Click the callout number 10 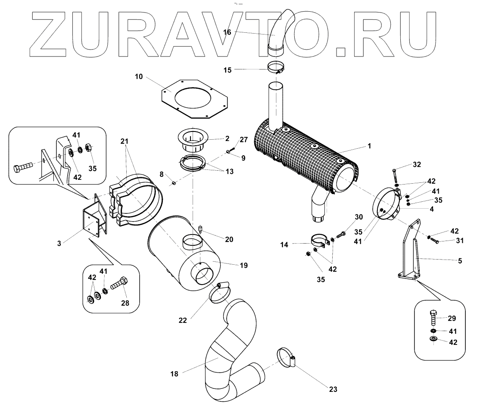click(x=139, y=77)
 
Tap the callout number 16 click(x=228, y=32)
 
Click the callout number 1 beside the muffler click(x=369, y=146)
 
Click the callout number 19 click(x=244, y=265)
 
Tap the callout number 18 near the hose click(x=174, y=374)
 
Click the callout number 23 click(x=333, y=389)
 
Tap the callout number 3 click(x=59, y=243)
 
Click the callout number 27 click(x=244, y=139)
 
